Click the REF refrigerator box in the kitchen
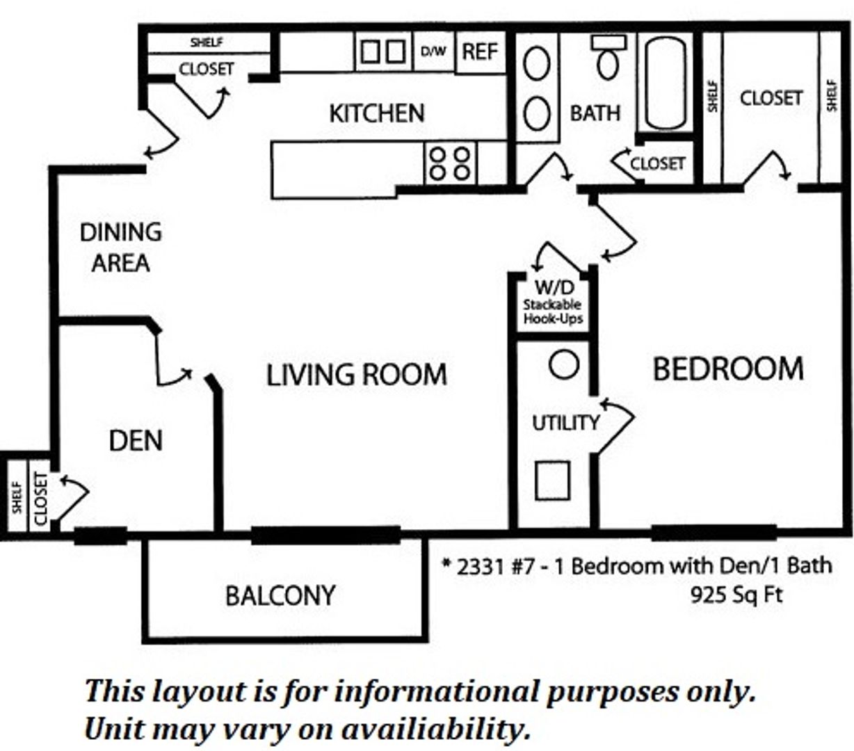[480, 51]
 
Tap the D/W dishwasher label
[434, 51]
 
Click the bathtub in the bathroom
[666, 83]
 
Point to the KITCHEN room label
[376, 113]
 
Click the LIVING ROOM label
[356, 375]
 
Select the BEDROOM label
[727, 369]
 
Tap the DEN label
[136, 440]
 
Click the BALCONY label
[280, 595]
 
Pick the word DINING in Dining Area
[120, 232]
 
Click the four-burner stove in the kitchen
[449, 163]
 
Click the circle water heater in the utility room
[564, 364]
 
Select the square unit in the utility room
[553, 481]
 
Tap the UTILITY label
[565, 422]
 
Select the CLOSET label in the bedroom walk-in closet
[771, 98]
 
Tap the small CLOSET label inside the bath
[657, 163]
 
